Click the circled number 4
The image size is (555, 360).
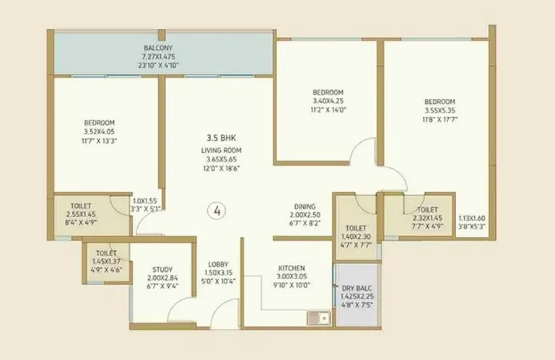point(217,211)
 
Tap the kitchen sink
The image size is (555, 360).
point(318,318)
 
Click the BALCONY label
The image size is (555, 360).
point(158,48)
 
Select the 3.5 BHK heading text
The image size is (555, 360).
point(222,138)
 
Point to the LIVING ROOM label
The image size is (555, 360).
point(222,151)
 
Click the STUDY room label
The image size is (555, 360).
point(162,270)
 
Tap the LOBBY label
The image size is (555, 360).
point(219,265)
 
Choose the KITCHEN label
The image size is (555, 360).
point(292,268)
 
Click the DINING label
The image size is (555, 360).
point(305,206)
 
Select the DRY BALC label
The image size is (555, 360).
point(357,288)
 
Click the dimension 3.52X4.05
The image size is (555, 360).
point(99,132)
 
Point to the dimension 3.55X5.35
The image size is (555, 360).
point(440,110)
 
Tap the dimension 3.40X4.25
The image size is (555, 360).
point(328,101)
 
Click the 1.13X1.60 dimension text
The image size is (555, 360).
point(472,219)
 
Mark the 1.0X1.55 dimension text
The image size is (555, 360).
point(145,201)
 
